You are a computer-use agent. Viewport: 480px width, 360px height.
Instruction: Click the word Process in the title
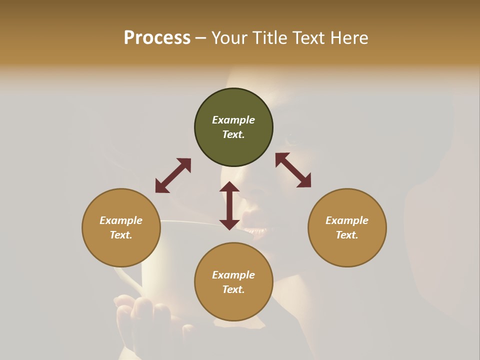(157, 38)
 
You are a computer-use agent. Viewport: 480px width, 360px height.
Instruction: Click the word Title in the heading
(268, 38)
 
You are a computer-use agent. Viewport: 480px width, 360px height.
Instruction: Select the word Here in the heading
(349, 38)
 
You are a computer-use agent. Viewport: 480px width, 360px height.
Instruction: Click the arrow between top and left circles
(173, 175)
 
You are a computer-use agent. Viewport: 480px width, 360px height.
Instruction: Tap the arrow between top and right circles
(293, 170)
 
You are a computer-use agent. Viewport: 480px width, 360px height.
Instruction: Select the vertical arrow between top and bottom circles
(229, 205)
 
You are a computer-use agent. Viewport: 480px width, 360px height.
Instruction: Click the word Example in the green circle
(233, 120)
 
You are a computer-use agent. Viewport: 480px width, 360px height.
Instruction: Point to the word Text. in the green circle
(233, 134)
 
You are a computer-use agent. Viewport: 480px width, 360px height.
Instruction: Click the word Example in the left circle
(121, 220)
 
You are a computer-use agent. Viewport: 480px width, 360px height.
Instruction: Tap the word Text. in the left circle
(121, 235)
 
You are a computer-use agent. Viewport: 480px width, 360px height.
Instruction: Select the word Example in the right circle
(347, 220)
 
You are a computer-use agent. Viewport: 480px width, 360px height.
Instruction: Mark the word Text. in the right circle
(347, 235)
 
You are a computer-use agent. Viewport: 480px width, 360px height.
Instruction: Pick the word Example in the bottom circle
(233, 275)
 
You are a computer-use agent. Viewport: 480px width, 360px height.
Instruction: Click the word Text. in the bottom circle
(233, 289)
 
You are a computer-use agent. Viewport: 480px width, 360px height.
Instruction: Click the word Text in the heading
(308, 38)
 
